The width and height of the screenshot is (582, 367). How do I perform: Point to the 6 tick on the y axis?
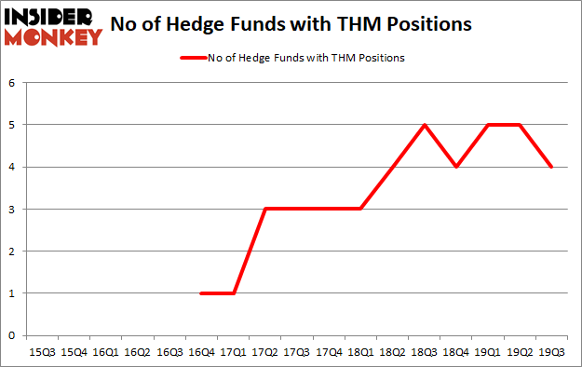[13, 83]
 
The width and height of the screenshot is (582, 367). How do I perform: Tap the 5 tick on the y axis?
[13, 125]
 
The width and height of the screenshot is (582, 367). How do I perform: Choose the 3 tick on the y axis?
[13, 209]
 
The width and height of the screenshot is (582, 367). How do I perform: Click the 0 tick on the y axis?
[13, 335]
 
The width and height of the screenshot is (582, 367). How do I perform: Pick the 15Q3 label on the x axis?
[42, 353]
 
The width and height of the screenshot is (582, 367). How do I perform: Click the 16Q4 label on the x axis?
[200, 353]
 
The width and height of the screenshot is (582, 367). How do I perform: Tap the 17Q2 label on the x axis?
[264, 353]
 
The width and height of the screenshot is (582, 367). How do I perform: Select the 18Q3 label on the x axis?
[423, 353]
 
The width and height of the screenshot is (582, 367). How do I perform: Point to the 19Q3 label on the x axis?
[551, 353]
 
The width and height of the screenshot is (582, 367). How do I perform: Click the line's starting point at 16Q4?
[201, 292]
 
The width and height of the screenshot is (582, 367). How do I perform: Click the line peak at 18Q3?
[424, 125]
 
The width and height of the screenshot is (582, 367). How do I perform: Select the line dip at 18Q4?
[455, 167]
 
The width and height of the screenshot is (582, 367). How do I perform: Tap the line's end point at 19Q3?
[551, 167]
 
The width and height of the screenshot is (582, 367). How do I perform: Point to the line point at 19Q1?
[488, 125]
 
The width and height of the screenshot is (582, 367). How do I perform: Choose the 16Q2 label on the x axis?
[137, 353]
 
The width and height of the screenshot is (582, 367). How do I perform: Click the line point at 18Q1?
[360, 209]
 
